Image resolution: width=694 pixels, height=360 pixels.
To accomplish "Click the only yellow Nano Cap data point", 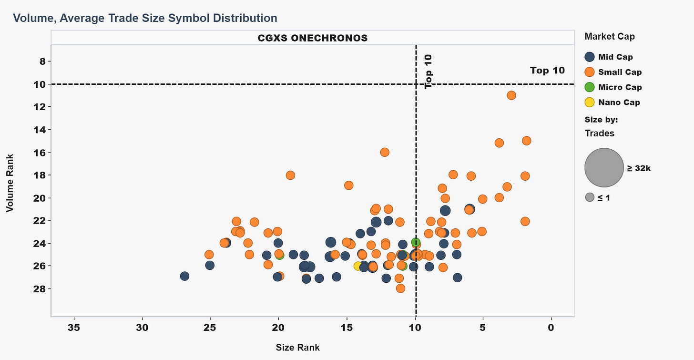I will tap(358, 266).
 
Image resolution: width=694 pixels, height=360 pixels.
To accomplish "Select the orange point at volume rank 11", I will tap(511, 95).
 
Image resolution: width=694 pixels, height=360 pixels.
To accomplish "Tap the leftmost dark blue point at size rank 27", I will tap(184, 276).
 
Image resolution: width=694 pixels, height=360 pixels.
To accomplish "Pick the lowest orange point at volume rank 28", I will tap(400, 288).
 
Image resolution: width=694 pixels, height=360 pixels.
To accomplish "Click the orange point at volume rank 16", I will tap(385, 152).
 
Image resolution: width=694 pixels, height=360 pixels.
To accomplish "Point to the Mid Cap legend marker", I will tap(590, 57).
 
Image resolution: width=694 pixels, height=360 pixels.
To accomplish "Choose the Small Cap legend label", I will tap(620, 72).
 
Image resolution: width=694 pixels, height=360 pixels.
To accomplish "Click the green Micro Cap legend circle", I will tap(590, 87).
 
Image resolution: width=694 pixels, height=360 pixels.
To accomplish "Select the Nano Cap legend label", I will tap(619, 103).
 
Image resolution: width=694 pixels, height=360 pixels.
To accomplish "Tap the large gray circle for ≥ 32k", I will tap(604, 167).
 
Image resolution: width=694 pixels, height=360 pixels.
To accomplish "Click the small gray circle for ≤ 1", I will tap(590, 197).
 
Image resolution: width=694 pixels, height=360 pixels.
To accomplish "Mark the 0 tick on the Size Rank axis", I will tap(551, 328).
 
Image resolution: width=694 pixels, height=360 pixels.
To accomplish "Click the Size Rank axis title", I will tap(297, 348).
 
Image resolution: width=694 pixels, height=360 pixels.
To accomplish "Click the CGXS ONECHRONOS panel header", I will tap(313, 38).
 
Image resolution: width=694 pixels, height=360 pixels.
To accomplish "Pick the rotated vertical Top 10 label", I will tap(428, 72).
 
